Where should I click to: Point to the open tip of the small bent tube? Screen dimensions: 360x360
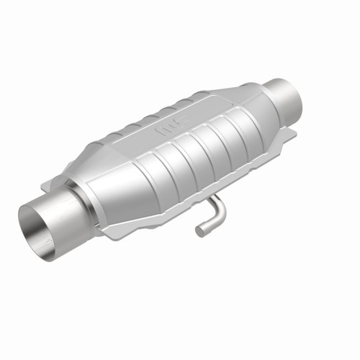click(199, 231)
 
